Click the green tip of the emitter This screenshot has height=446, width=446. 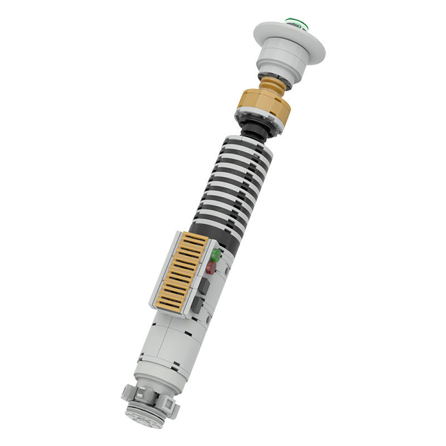(x=294, y=23)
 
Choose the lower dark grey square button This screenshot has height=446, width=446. (x=196, y=304)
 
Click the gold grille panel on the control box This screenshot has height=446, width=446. (x=180, y=272)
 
